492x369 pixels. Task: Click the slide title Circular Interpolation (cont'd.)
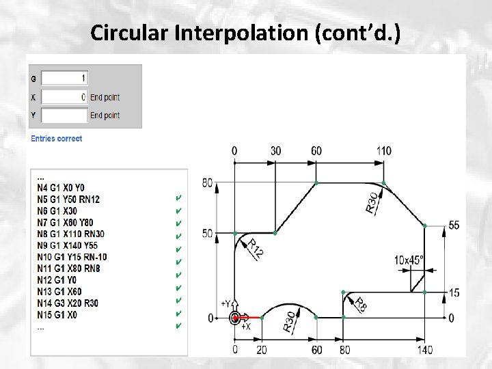tap(247, 32)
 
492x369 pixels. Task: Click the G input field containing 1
tap(64, 78)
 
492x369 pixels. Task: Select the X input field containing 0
tap(64, 97)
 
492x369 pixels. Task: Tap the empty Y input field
tap(64, 115)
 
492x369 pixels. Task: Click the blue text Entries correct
tap(56, 139)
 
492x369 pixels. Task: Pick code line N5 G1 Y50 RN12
tap(68, 199)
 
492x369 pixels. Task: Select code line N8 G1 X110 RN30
tap(70, 234)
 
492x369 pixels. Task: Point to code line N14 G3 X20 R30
tap(68, 303)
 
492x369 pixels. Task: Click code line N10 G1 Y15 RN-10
tap(72, 257)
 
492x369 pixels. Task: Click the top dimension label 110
tap(384, 150)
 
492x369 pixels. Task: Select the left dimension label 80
tap(208, 182)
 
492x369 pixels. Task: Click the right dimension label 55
tap(454, 225)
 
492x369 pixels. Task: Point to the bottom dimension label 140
tap(424, 350)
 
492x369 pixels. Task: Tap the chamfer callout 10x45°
tap(409, 260)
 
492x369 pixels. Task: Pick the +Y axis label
tap(226, 303)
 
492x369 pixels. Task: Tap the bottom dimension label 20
tap(262, 350)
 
